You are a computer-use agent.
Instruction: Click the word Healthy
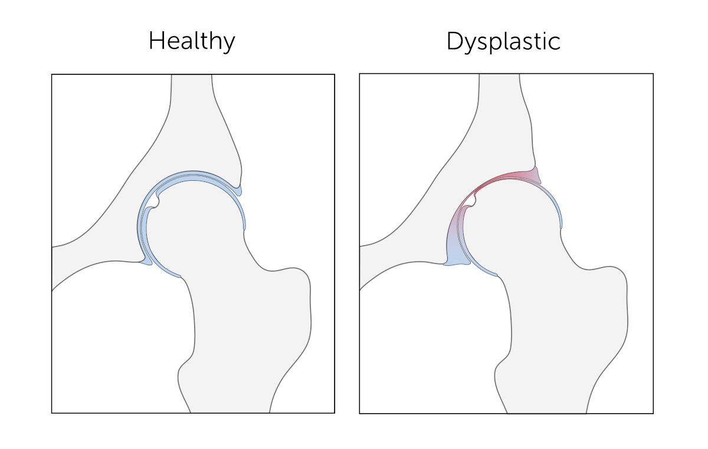point(192,41)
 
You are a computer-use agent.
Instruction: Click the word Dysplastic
point(503,41)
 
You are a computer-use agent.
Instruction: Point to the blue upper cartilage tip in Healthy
point(238,190)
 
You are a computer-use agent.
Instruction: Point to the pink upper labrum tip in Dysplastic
point(535,175)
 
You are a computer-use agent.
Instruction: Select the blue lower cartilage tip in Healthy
point(146,262)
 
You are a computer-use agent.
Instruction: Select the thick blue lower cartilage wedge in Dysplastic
point(455,258)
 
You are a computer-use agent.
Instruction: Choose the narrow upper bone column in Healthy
point(192,100)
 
